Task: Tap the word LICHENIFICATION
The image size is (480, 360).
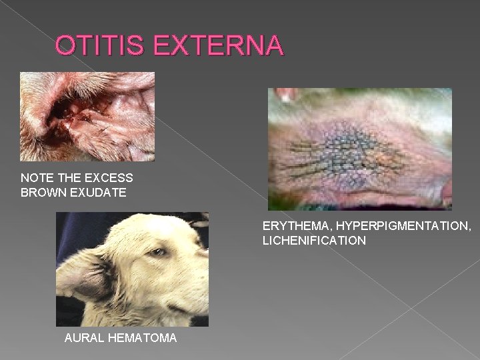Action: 314,241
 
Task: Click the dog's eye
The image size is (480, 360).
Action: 157,253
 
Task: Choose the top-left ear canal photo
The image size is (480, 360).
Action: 87,117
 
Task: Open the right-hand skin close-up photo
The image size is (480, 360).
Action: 360,149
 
